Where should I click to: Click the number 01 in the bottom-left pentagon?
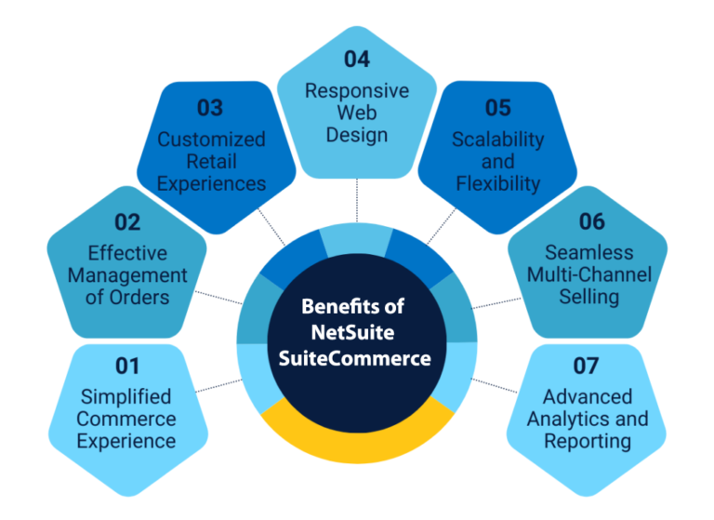tap(126, 366)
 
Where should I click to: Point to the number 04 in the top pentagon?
tap(357, 59)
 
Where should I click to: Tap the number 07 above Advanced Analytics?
tap(587, 366)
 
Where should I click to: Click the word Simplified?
tap(126, 397)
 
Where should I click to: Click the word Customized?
tap(211, 140)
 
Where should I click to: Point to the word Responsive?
tap(357, 90)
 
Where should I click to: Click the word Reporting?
tap(587, 441)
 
